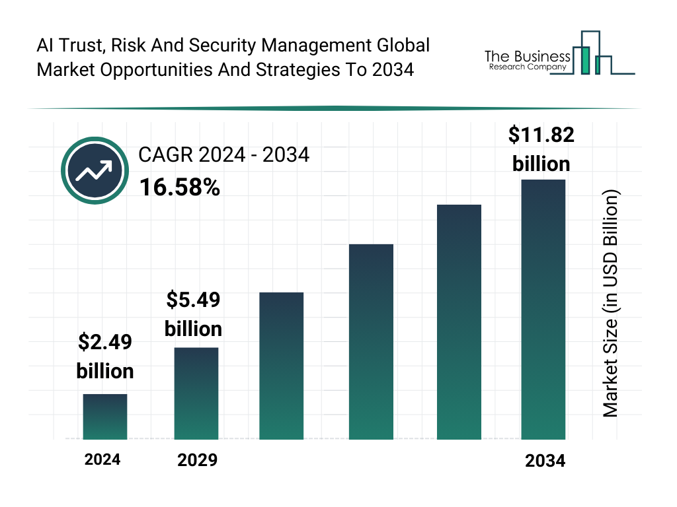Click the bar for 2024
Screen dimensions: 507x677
coord(105,417)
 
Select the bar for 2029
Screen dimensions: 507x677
coord(196,393)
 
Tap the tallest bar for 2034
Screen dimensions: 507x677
coord(543,309)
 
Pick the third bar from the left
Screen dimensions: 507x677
coord(281,366)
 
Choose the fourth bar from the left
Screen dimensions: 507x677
coord(371,341)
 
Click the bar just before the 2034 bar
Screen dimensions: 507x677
coord(459,321)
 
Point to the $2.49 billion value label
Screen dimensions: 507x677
coord(105,356)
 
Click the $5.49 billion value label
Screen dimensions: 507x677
coord(193,314)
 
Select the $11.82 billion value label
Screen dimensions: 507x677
coord(541,149)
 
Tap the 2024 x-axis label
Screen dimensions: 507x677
coord(102,459)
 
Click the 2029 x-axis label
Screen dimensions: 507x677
coord(197,460)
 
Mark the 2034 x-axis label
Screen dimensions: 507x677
coord(545,461)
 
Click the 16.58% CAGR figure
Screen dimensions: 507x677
coord(179,188)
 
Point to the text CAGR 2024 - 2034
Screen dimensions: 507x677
coord(223,155)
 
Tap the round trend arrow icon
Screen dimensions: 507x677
coord(95,171)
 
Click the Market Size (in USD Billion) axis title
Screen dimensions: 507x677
coord(610,304)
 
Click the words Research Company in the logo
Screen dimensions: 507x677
coord(527,67)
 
